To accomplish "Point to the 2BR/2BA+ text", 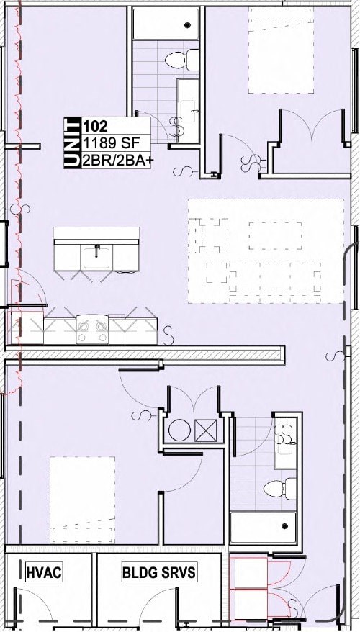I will (x=117, y=160).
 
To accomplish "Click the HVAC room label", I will (x=44, y=573).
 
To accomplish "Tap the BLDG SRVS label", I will (x=158, y=573).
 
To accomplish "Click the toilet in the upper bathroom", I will (x=177, y=58).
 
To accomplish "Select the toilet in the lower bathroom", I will (x=279, y=489).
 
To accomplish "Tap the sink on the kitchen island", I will (x=96, y=253).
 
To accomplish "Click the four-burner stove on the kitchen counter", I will (x=93, y=331).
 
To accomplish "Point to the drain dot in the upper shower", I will (x=189, y=25).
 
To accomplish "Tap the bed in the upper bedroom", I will (x=282, y=50).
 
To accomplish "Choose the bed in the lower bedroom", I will (x=81, y=499).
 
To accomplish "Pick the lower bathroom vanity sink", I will (x=287, y=436).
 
